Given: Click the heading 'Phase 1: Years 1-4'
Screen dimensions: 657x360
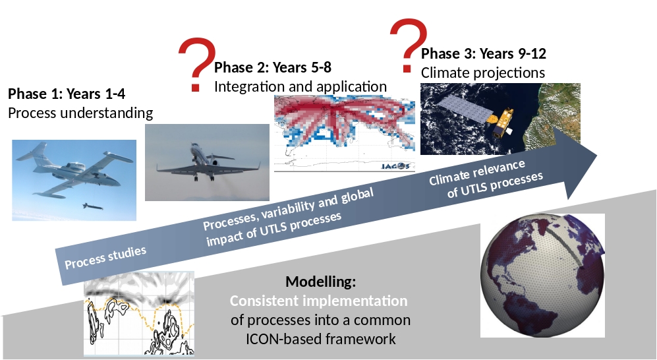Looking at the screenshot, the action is tap(67, 94).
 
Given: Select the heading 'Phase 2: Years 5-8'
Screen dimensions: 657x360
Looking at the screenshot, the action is tap(273, 67).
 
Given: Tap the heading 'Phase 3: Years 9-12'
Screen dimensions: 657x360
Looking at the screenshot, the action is tap(484, 53).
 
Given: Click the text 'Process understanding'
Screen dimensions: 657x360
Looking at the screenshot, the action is tap(80, 113).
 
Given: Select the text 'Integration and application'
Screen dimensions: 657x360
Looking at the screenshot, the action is tap(300, 86).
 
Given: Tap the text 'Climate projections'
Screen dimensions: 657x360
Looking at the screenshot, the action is tap(482, 73).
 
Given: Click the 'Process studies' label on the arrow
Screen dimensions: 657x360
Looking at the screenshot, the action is tap(105, 257).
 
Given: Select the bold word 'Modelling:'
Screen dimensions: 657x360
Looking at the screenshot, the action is tap(320, 282).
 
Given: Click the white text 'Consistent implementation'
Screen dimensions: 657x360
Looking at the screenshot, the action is tap(318, 301).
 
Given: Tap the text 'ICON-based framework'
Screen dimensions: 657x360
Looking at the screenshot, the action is tap(320, 339).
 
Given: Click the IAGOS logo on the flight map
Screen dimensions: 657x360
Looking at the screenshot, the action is tap(395, 166).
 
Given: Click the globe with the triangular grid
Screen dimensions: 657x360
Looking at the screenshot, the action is tap(542, 276).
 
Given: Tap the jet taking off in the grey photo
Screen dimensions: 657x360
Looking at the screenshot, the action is tap(208, 162).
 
